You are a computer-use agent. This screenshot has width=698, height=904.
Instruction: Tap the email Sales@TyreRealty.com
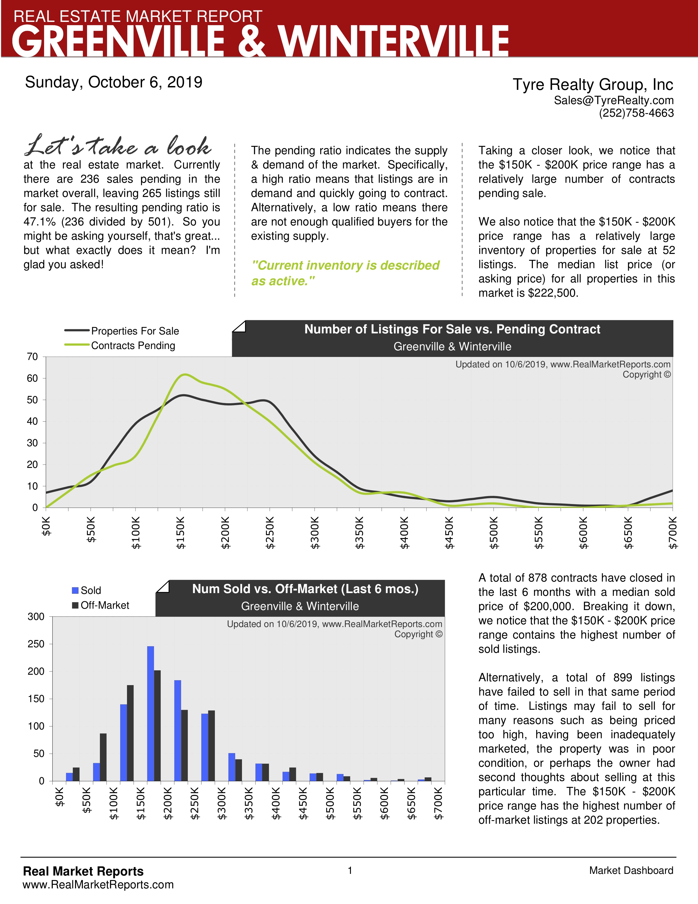coord(614,101)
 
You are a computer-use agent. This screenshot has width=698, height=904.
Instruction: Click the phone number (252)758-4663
coord(636,113)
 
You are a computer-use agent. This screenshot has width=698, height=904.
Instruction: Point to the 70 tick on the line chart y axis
coord(33,356)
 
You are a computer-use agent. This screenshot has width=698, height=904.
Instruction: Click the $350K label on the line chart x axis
coord(360,533)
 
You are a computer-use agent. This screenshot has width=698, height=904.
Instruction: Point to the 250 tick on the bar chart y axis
coord(36,644)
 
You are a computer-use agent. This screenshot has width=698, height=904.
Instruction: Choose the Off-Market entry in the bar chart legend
coord(105,605)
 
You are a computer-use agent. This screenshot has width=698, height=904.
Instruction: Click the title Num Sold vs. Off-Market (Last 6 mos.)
coord(305,589)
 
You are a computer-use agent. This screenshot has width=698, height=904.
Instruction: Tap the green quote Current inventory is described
coord(345,265)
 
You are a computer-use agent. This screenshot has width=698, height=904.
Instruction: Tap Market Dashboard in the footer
coord(631,871)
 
